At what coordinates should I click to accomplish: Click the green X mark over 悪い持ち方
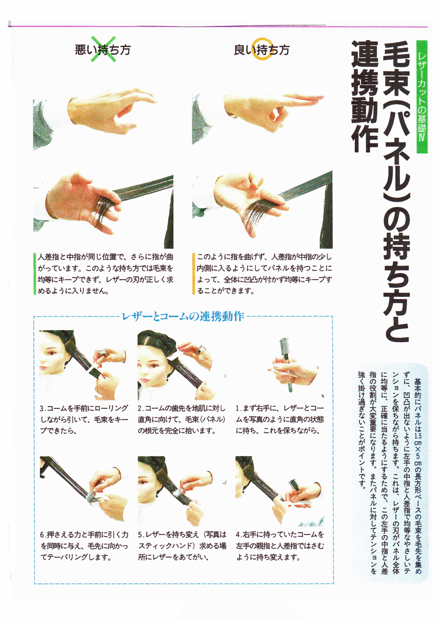coord(103,49)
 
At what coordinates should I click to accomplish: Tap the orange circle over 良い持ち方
coord(262,49)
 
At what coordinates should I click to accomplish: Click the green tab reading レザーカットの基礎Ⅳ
coord(421,97)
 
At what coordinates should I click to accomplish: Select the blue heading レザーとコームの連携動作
coord(183,316)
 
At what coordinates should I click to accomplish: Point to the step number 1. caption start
coord(238,409)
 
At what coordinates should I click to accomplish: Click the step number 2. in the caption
coord(141,409)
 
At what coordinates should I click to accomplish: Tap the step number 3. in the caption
coord(43,409)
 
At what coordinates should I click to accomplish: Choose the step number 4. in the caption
coord(239,535)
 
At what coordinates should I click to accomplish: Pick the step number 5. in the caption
coord(141,535)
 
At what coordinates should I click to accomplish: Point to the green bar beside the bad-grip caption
coord(35,274)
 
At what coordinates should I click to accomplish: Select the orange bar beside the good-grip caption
coord(194,274)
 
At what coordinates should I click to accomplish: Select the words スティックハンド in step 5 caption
coord(165,546)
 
